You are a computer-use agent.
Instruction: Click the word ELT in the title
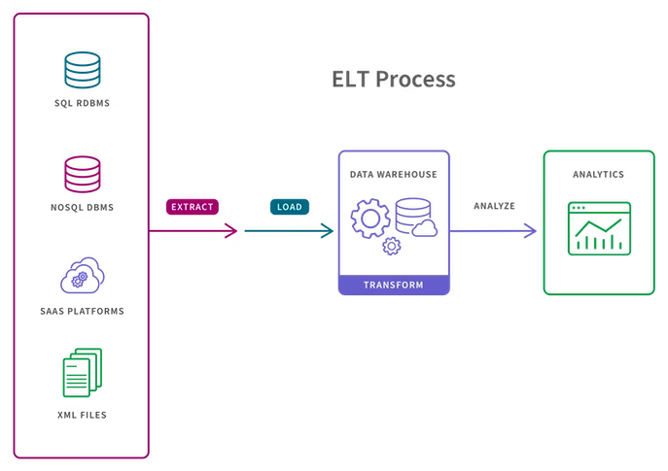click(349, 80)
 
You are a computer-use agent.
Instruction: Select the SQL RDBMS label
click(83, 101)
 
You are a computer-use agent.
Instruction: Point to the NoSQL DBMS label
click(83, 207)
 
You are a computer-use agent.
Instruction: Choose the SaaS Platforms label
click(83, 311)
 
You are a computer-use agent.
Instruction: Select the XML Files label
click(83, 415)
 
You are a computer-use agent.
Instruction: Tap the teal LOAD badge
click(289, 207)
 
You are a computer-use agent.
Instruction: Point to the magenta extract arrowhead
click(231, 231)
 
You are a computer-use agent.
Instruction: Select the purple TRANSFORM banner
click(393, 285)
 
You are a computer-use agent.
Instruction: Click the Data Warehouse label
click(393, 175)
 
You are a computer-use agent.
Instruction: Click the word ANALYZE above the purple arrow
click(494, 207)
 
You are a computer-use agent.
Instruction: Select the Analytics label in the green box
click(598, 175)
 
